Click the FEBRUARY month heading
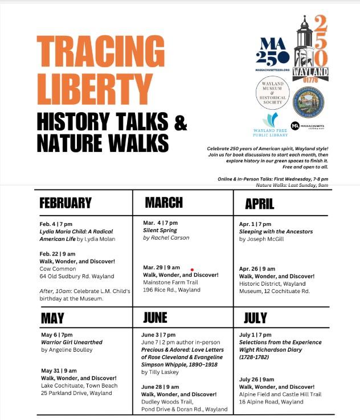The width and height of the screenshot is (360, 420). point(66,203)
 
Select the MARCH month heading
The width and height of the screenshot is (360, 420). point(163,203)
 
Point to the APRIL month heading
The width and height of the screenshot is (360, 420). point(260,204)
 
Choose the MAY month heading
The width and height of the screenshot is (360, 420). point(52,318)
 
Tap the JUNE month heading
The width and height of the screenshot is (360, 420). point(156,317)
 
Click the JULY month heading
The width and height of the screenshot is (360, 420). point(255,318)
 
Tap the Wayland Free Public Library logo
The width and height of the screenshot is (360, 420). point(272,125)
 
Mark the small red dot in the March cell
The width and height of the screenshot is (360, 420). point(192,269)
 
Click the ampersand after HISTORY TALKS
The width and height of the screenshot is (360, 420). point(180,121)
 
